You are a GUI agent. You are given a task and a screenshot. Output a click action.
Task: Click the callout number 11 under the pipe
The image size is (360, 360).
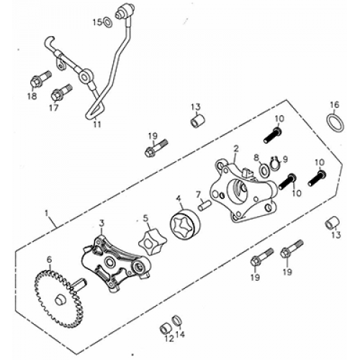96,124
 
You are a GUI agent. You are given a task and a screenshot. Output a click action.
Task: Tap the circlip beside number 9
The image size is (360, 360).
274,162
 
